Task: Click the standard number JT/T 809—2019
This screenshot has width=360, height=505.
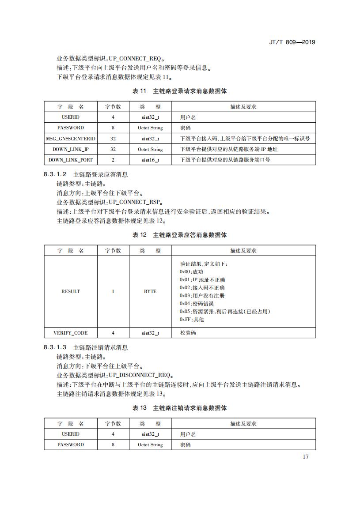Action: coord(292,42)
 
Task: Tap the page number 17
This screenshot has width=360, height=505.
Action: coord(306,456)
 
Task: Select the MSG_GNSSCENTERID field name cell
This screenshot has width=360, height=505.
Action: coord(71,139)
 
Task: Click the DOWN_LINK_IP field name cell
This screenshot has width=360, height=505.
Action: coord(71,149)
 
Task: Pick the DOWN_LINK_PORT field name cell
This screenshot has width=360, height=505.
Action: coord(71,160)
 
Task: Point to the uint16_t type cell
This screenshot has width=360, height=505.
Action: coord(150,160)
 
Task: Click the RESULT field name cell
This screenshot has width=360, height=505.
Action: coord(71,291)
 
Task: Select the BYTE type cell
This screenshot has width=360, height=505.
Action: coord(150,291)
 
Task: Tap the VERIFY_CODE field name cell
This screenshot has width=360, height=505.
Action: coord(71,333)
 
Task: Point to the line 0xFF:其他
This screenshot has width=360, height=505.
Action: coord(192,320)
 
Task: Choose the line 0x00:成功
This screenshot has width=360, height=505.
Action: coord(191,272)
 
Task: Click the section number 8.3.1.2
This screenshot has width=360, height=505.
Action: coord(55,174)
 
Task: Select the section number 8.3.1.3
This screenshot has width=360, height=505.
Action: coord(55,348)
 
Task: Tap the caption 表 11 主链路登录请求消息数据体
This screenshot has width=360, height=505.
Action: coord(180,91)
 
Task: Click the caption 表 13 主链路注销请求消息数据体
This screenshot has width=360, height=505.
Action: coord(180,408)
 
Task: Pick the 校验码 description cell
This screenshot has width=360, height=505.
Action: coord(188,333)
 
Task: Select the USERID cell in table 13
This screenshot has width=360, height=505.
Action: coord(71,434)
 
